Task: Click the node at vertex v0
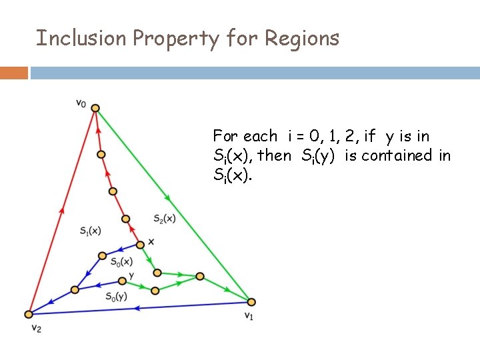coord(95,108)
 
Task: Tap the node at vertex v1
coord(251,302)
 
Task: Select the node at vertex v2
coord(29,314)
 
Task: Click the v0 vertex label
coord(81,103)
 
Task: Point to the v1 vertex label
coord(249,315)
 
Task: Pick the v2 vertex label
coord(36,329)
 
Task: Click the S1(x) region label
coord(89,231)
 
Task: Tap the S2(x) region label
coord(163,218)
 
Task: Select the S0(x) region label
coord(121,261)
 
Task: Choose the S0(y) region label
coord(116,297)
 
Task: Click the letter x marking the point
coord(151,241)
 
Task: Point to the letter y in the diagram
coord(131,275)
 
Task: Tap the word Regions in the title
coord(302,39)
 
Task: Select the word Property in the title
coord(176,39)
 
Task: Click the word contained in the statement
coord(394,156)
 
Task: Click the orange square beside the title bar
coord(13,73)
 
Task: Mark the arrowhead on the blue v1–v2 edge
coord(137,307)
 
